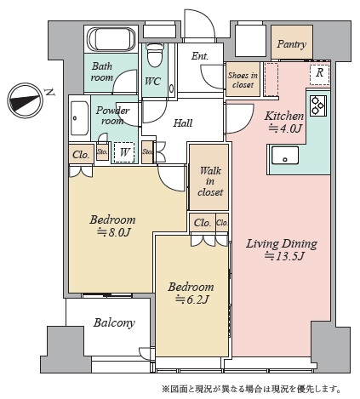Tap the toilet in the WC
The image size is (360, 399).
tap(155, 55)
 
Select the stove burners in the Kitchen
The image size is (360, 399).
tap(318, 105)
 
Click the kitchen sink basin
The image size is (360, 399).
tap(285, 156)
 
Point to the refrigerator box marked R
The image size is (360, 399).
tap(319, 75)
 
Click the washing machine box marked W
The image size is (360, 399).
tap(124, 152)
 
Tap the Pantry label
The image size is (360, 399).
tap(292, 44)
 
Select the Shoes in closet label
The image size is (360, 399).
tap(243, 80)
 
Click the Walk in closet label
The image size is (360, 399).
tap(210, 181)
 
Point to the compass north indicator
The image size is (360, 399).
tap(25, 100)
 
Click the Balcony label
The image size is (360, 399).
tap(114, 322)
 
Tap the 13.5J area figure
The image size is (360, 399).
tap(284, 257)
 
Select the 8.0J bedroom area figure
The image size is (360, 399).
tap(113, 232)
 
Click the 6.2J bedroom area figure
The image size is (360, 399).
tap(192, 299)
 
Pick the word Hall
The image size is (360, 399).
tap(183, 123)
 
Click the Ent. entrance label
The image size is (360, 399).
tap(200, 56)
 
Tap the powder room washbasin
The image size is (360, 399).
tap(79, 118)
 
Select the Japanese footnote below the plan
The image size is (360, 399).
tap(251, 389)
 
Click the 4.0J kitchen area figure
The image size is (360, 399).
tap(284, 129)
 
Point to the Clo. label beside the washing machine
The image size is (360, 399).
tap(81, 155)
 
